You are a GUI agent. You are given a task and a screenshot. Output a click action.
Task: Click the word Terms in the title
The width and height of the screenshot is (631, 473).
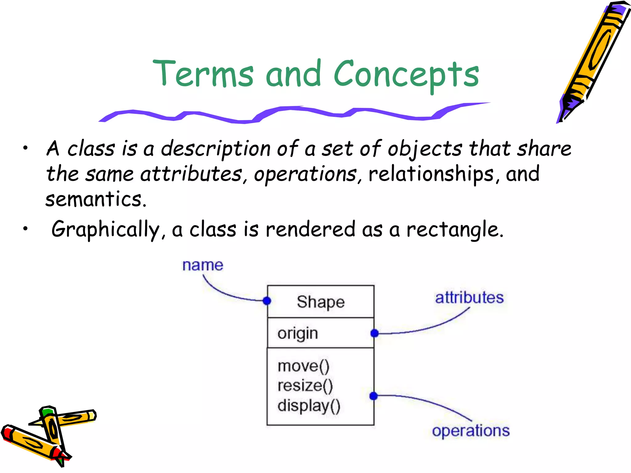(203, 73)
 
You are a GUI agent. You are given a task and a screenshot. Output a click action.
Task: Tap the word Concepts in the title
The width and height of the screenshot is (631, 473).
(406, 74)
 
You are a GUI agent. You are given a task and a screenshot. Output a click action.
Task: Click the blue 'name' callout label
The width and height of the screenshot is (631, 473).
(202, 265)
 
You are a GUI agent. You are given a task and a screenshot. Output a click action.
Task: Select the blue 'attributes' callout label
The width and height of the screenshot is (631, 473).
(469, 297)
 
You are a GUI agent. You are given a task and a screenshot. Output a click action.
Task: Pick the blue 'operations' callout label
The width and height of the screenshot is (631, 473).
(470, 430)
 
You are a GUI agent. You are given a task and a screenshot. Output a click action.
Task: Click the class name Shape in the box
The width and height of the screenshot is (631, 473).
(320, 302)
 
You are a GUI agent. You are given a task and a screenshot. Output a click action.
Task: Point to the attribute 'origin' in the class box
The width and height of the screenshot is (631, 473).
(298, 334)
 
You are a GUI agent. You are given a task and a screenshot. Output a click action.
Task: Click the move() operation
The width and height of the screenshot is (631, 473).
(303, 366)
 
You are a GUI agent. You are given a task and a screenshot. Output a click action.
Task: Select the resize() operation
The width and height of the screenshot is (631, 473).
(305, 386)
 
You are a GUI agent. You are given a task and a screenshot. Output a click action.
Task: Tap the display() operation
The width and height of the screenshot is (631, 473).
(309, 406)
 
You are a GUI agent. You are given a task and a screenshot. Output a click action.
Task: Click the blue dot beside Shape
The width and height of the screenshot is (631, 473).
(267, 301)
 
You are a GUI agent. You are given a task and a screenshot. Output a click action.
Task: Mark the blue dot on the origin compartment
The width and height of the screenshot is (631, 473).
(374, 333)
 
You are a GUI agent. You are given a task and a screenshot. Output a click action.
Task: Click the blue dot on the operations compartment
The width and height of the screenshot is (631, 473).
(373, 396)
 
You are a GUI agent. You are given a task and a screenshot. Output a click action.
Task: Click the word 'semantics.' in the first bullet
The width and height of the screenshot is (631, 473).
(96, 199)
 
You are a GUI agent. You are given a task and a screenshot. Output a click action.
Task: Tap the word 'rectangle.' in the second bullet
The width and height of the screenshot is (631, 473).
(455, 229)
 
